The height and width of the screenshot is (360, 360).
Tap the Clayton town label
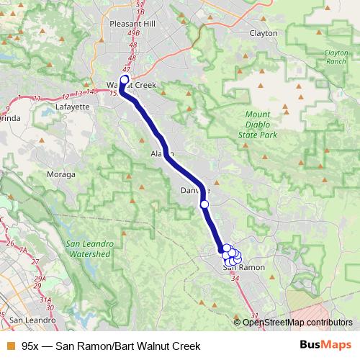[263, 33]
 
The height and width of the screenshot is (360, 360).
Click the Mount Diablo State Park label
[257, 125]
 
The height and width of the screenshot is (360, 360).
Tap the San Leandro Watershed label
[88, 248]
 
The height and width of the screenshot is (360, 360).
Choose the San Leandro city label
[27, 319]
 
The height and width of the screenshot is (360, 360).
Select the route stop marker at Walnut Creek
[124, 80]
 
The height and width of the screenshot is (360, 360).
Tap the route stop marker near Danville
[204, 205]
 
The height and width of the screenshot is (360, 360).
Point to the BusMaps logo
[325, 346]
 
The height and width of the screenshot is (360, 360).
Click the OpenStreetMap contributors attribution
[297, 323]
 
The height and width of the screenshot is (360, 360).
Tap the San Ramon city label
[243, 267]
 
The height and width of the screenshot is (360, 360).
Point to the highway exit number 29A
[19, 279]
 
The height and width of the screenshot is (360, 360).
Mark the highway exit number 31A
[25, 302]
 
